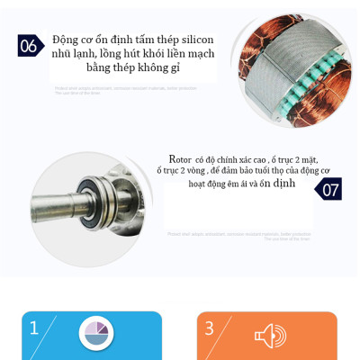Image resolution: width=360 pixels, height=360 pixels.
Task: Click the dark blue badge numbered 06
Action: pyautogui.click(x=29, y=46)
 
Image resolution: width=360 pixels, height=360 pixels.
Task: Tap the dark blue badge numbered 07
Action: pyautogui.click(x=330, y=189)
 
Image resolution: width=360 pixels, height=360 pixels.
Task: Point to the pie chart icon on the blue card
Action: pyautogui.click(x=94, y=333)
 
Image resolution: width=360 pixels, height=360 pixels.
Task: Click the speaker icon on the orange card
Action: pyautogui.click(x=269, y=336)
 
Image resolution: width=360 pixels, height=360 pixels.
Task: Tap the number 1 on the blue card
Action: pyautogui.click(x=34, y=328)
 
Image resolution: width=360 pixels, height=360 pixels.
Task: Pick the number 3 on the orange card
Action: pyautogui.click(x=209, y=328)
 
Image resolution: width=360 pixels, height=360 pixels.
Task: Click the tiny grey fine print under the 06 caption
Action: pyautogui.click(x=126, y=90)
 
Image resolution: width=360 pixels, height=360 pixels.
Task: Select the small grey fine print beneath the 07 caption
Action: pyautogui.click(x=238, y=236)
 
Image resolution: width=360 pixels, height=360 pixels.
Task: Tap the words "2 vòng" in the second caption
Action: pyautogui.click(x=192, y=171)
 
